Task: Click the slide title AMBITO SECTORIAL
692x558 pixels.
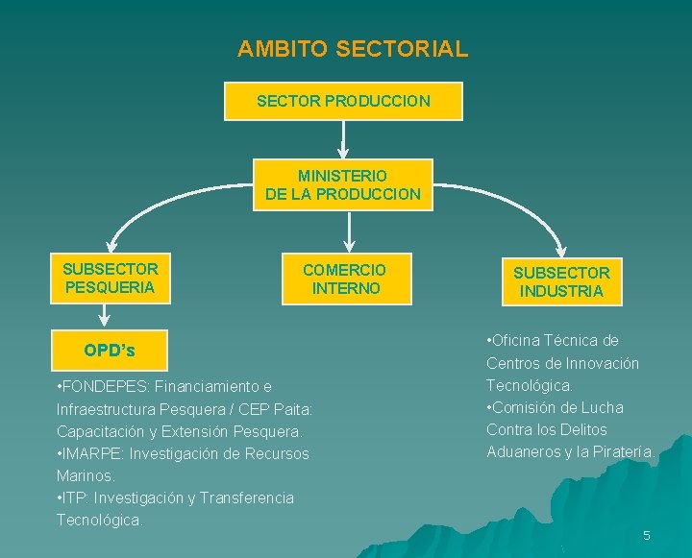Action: coord(353,48)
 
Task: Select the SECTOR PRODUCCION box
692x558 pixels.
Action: coord(343,101)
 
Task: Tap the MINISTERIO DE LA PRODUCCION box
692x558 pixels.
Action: coord(343,184)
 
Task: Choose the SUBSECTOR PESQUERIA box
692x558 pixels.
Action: coord(111,278)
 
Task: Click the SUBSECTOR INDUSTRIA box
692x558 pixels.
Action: coord(560,281)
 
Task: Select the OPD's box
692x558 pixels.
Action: coord(110,351)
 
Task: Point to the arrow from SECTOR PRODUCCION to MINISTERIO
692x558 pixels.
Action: coord(343,139)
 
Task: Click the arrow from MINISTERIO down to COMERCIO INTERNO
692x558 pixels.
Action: coord(349,231)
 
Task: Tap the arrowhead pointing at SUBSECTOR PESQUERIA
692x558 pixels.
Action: coord(111,245)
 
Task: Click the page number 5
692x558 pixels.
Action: coord(647,535)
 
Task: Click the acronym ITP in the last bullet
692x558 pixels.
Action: coord(75,497)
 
